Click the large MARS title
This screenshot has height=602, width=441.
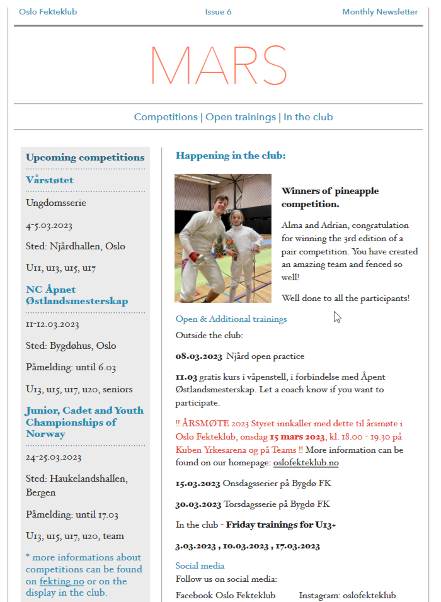[219, 65]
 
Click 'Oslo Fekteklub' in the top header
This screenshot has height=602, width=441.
[48, 12]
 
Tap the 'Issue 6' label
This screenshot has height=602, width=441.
[218, 12]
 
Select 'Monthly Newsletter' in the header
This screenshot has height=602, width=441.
[380, 12]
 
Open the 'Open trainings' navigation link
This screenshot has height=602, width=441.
[241, 117]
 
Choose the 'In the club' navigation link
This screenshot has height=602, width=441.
[308, 117]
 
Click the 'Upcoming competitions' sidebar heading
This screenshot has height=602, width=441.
[85, 157]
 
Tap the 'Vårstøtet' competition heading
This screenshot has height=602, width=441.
[50, 180]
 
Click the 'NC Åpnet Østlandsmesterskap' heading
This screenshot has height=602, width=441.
[77, 295]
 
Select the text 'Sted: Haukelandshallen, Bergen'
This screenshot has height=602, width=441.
[76, 486]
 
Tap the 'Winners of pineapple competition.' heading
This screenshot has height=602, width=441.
[330, 197]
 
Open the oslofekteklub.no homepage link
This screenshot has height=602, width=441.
[306, 463]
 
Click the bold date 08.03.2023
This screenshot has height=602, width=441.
[198, 356]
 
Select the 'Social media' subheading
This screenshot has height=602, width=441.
[200, 565]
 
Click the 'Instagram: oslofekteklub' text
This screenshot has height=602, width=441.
[347, 595]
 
